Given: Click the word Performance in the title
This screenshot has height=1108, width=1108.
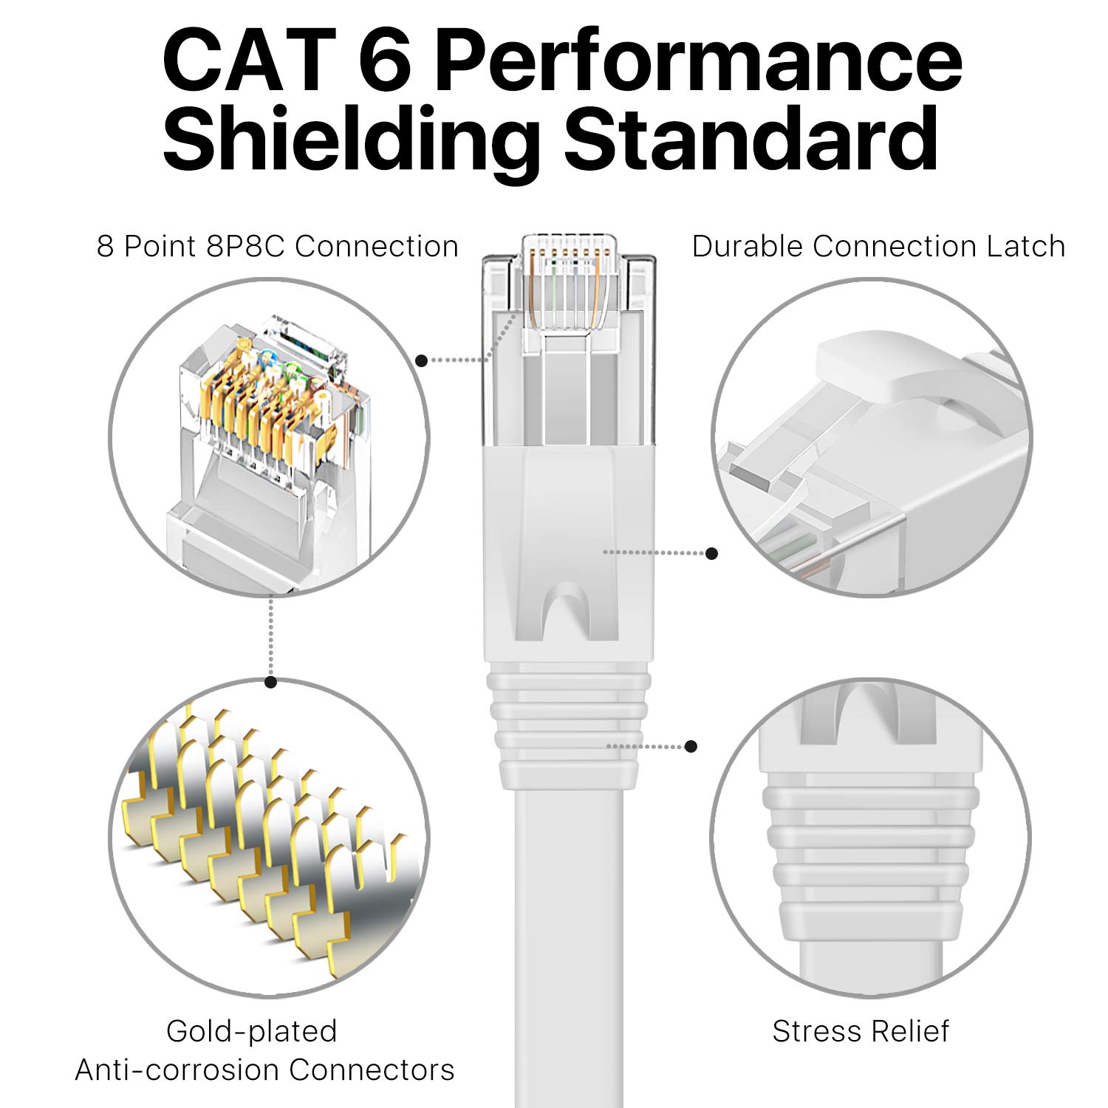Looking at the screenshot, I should tap(698, 61).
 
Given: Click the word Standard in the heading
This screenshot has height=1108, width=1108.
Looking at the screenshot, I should tap(752, 138).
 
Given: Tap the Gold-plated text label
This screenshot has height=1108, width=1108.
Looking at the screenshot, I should tap(251, 1031).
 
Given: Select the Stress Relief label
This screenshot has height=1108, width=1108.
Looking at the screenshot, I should tap(861, 1031).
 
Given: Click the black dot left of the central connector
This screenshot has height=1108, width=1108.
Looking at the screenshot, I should tap(421, 360).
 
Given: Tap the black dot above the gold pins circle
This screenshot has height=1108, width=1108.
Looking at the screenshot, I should tap(271, 682).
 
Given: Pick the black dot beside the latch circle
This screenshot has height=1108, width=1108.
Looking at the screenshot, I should tap(712, 553).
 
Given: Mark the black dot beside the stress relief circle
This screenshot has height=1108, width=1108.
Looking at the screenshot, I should tap(691, 747).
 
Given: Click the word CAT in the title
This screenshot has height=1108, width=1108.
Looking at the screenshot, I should tap(247, 61).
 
